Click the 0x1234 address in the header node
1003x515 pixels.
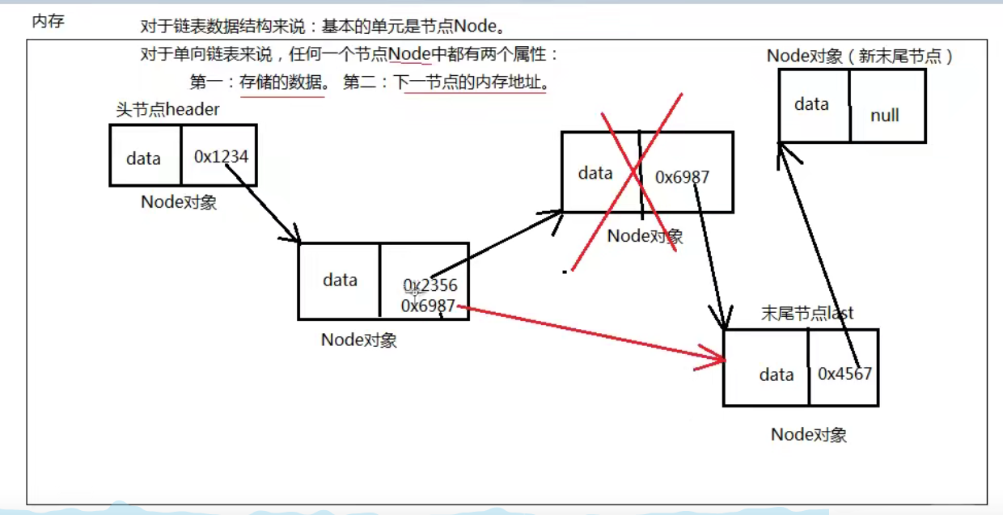point(221,156)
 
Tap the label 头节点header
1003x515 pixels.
point(167,110)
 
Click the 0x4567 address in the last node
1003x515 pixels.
point(844,374)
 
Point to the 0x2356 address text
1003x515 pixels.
point(430,285)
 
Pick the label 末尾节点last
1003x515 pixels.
point(807,313)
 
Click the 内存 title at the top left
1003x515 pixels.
point(48,22)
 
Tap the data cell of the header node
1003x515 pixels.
point(143,158)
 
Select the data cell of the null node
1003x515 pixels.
point(811,104)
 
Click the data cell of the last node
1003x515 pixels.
point(776,374)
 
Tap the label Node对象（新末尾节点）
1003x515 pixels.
point(860,57)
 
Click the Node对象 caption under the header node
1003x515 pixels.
point(179,202)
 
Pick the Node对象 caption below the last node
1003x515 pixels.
point(808,435)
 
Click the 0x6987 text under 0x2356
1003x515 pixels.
point(428,306)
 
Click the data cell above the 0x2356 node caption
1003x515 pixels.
point(340,280)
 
